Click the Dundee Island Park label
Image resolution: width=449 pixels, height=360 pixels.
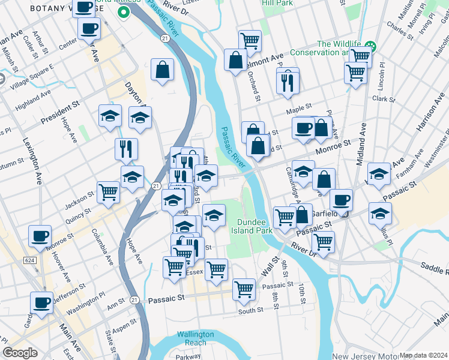click(x=255, y=226)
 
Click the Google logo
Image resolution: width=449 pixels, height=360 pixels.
click(x=20, y=353)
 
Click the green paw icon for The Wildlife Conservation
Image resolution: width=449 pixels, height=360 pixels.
click(x=370, y=45)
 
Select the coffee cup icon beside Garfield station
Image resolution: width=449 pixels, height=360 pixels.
click(x=341, y=200)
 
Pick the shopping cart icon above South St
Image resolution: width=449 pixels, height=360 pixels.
click(x=244, y=289)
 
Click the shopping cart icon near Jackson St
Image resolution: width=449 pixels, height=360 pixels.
click(x=108, y=192)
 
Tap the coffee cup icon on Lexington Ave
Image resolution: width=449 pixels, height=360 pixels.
click(x=40, y=236)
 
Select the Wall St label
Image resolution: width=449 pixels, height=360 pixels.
click(x=271, y=267)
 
